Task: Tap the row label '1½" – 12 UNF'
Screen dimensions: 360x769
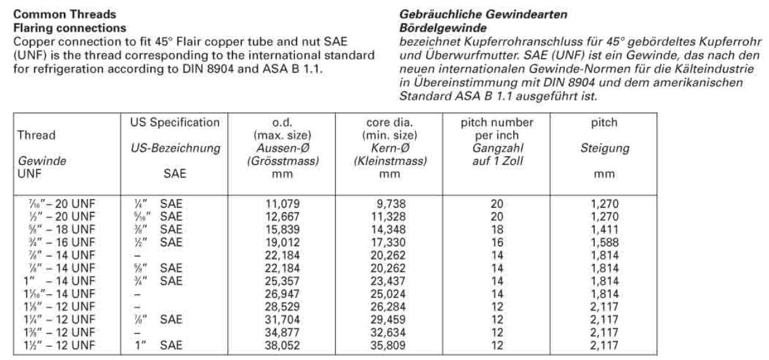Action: click(x=63, y=347)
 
